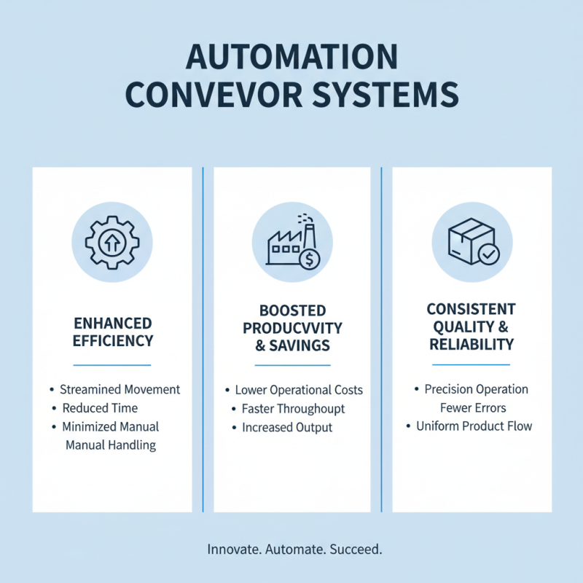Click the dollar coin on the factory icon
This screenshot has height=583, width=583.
[311, 258]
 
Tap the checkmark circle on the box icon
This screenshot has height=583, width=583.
[488, 255]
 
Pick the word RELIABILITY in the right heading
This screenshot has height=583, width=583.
[472, 344]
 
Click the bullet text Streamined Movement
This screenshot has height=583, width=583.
[120, 390]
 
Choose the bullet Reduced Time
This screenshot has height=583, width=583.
[100, 408]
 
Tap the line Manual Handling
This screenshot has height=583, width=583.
[111, 445]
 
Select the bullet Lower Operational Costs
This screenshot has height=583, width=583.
[299, 390]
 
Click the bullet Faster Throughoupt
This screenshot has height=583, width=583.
[293, 409]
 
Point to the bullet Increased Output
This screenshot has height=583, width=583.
[287, 428]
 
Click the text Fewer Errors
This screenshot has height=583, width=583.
[473, 407]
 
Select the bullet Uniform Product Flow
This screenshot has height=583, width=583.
[474, 426]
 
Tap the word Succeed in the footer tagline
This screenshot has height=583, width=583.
[355, 549]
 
